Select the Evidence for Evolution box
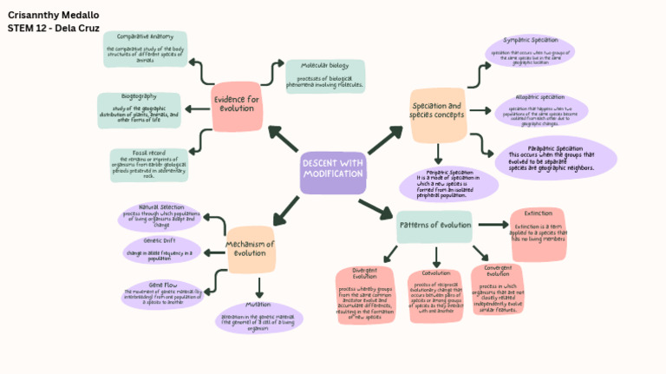click(237, 107)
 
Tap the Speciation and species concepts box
click(437, 115)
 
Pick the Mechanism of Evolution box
click(250, 249)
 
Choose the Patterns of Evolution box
click(434, 226)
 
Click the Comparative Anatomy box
click(145, 49)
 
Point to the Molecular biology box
click(324, 75)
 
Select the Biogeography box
click(139, 109)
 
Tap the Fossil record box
click(148, 165)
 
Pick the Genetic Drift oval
click(160, 250)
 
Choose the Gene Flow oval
click(163, 293)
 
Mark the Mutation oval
click(258, 317)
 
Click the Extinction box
click(538, 233)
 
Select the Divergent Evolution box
click(364, 295)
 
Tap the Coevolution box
click(435, 296)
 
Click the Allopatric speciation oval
click(540, 111)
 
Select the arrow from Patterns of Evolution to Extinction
click(493, 226)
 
